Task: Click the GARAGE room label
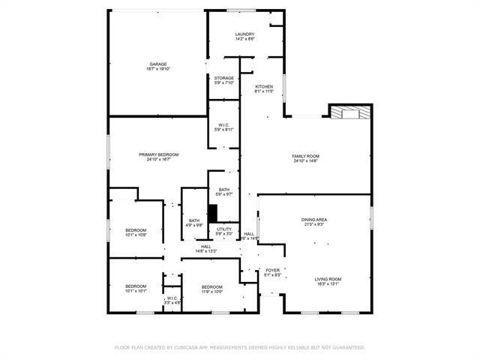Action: (x=157, y=64)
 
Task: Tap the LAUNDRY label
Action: (x=244, y=34)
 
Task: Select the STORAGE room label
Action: (x=224, y=78)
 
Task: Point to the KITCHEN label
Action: (x=264, y=86)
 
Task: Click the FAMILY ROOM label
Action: (x=305, y=156)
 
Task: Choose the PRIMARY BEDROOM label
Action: (x=158, y=154)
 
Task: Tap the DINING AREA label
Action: (x=314, y=219)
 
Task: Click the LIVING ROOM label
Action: (x=328, y=279)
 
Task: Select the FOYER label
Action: (x=272, y=270)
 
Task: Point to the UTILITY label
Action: (x=224, y=229)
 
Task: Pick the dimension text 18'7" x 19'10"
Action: (x=158, y=69)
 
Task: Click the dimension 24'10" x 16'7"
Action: (x=158, y=160)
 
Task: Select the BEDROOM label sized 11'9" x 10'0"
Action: (x=212, y=286)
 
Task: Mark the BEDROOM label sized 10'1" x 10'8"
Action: (x=136, y=229)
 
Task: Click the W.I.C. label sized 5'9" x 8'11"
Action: (x=224, y=124)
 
